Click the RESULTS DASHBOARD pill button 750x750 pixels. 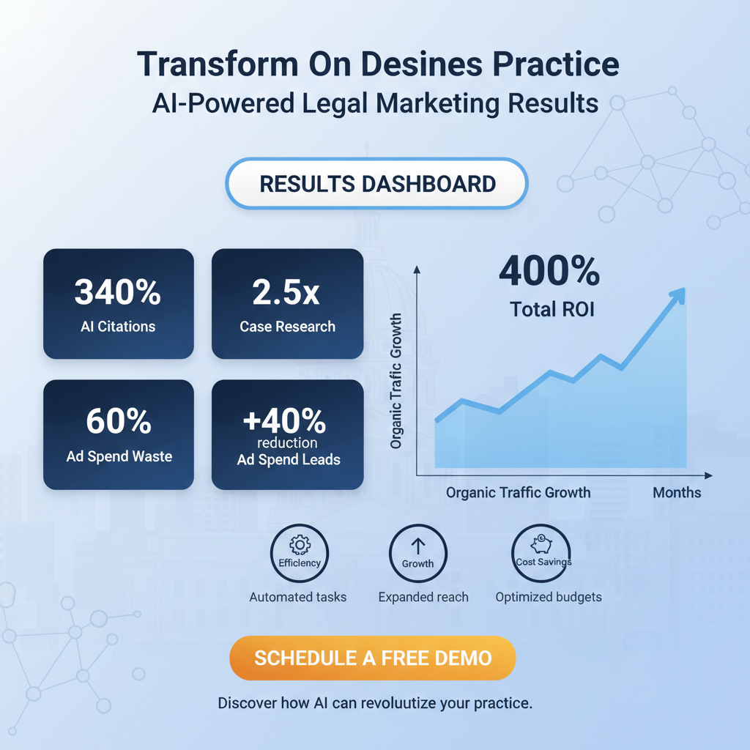pos(377,184)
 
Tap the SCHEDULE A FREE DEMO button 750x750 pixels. pos(373,657)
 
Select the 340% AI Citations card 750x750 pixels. pos(119,304)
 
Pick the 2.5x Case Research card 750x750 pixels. pos(287,304)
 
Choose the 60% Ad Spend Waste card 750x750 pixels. pos(119,434)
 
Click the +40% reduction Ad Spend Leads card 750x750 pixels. pos(287,434)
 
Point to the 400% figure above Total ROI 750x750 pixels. pos(549,272)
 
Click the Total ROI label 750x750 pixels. pos(552,309)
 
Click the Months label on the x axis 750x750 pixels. pos(677,492)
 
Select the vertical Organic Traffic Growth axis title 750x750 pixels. pos(396,381)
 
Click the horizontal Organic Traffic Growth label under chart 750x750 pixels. pos(518,492)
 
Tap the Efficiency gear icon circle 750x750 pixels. pos(300,554)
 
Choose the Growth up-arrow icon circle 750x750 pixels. pos(417,554)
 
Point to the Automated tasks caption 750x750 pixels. pos(298,597)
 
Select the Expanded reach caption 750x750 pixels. pos(423,597)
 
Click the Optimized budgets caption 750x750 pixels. pos(549,597)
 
